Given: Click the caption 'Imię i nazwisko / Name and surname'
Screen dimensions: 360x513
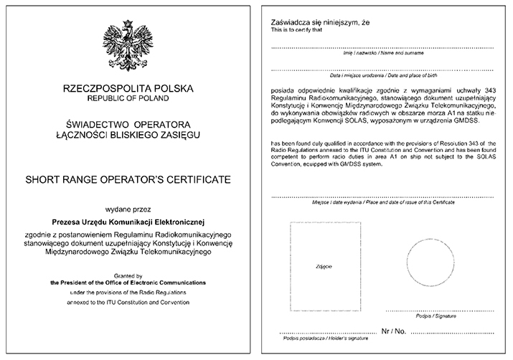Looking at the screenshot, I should (383, 55).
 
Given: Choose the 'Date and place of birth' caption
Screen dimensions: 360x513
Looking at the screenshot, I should (383, 75).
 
